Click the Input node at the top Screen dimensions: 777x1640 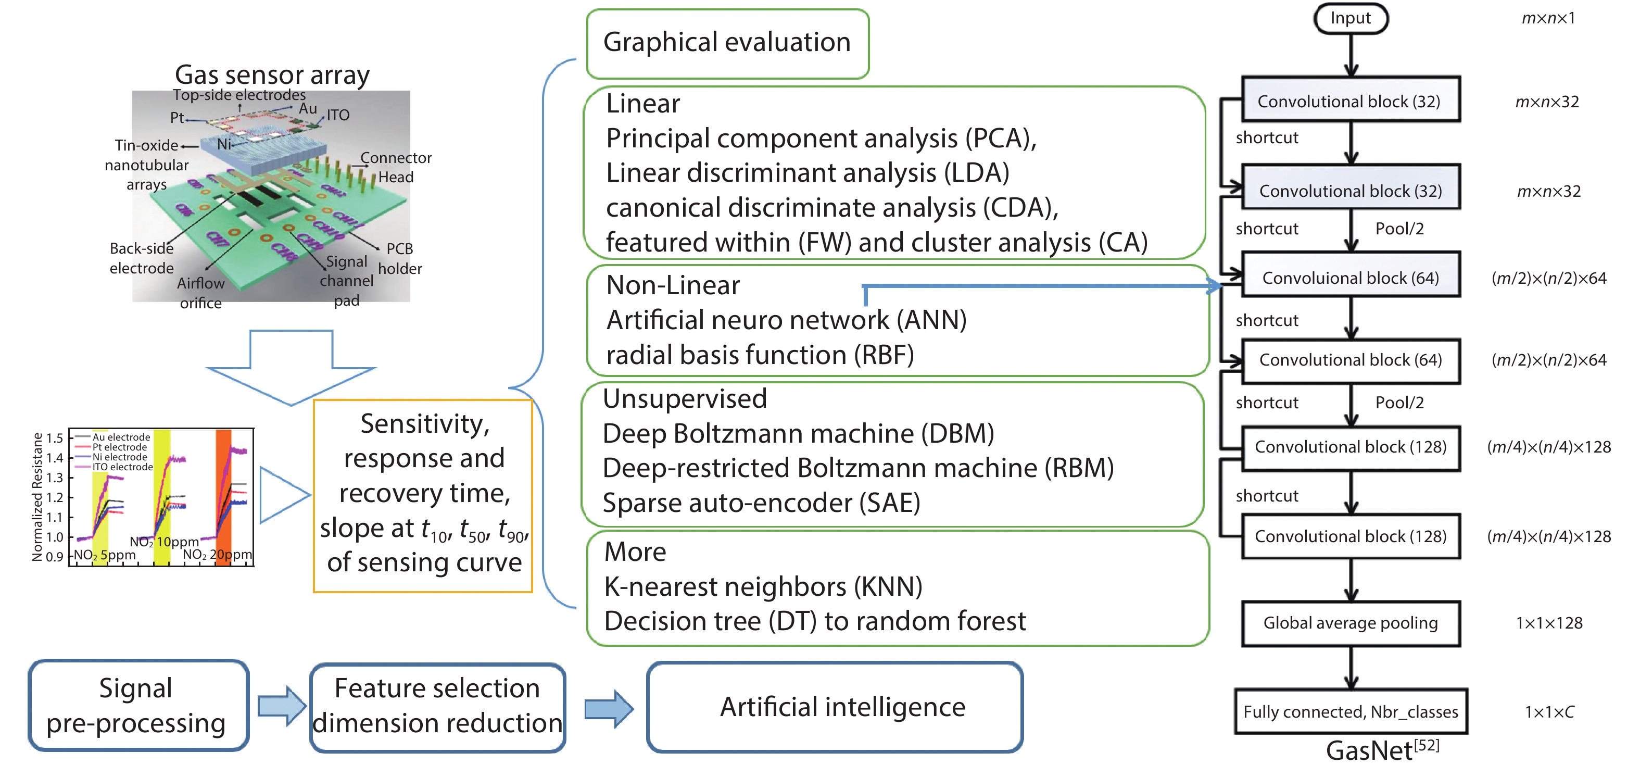[x=1351, y=18]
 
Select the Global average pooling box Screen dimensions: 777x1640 [x=1351, y=623]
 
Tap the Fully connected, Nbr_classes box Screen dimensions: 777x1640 [x=1351, y=711]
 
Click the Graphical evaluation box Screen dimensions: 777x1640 [x=727, y=43]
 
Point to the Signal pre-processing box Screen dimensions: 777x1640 [x=137, y=706]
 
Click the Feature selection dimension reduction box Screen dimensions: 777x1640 [x=437, y=706]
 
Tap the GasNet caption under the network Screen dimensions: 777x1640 [x=1382, y=750]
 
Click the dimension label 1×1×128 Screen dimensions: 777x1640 [x=1548, y=623]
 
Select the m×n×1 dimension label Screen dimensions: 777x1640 [x=1548, y=18]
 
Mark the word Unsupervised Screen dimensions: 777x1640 [x=685, y=399]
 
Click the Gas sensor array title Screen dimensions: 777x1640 [x=272, y=74]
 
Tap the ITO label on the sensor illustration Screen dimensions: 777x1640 [x=338, y=115]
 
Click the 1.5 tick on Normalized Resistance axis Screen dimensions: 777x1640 [x=55, y=438]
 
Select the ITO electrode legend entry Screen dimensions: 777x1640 [x=122, y=467]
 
